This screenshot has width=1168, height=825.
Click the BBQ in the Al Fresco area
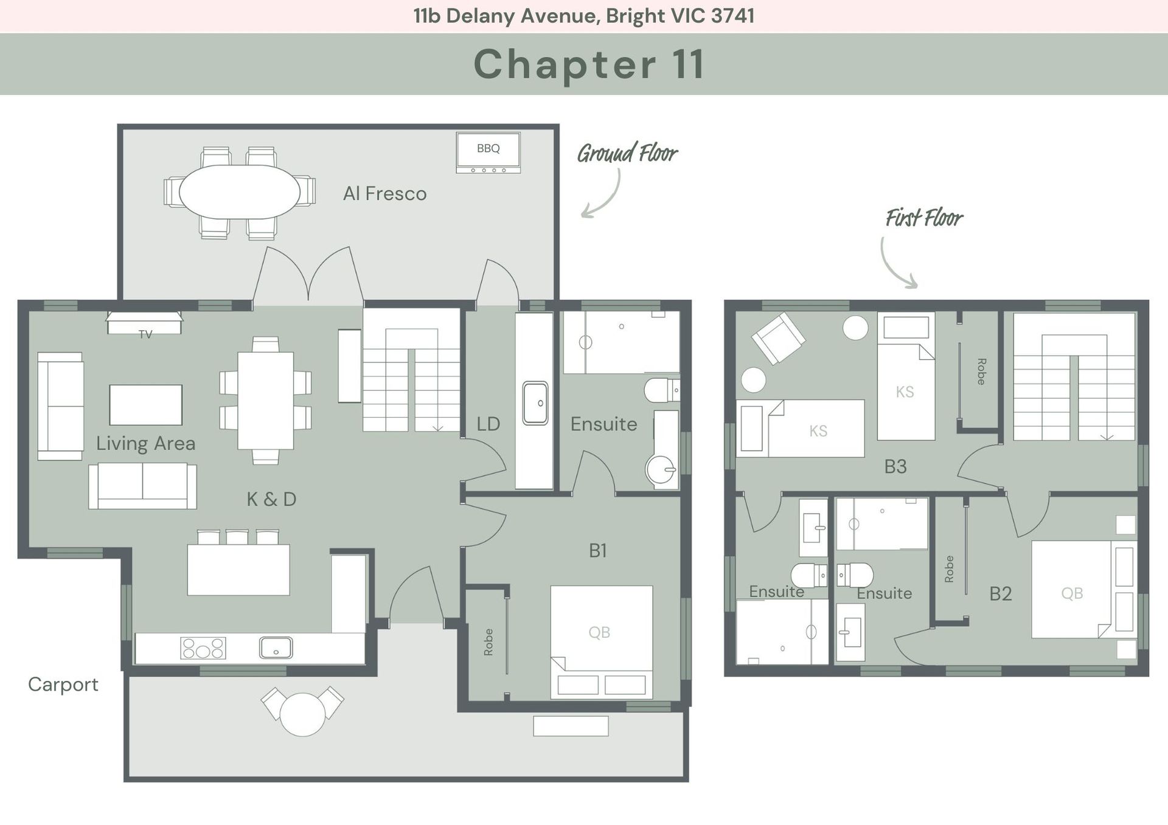(488, 153)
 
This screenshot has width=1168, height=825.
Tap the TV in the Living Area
(145, 323)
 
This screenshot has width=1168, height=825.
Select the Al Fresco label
(385, 193)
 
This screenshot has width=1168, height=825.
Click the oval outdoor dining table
(240, 192)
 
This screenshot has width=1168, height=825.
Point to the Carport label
(63, 685)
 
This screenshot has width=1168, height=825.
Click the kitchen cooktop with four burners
(203, 648)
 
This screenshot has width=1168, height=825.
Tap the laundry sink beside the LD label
(535, 402)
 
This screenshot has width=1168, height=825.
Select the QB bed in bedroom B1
(602, 642)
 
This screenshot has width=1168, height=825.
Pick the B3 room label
(895, 466)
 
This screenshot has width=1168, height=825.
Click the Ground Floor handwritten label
(627, 153)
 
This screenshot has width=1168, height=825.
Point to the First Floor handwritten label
(924, 218)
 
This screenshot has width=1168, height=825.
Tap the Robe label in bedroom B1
(488, 642)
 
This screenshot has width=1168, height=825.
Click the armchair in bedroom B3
(778, 338)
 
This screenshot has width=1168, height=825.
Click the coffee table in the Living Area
(146, 405)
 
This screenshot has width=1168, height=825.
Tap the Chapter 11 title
(589, 64)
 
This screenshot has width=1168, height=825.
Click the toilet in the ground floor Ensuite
(662, 390)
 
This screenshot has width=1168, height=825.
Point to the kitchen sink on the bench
(276, 647)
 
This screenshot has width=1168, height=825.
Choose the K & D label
(271, 499)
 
